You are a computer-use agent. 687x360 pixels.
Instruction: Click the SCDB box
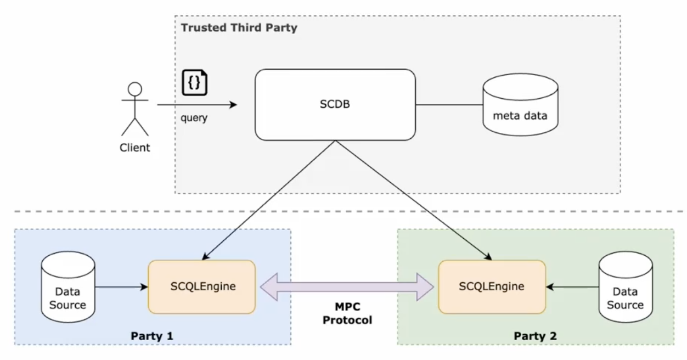click(335, 104)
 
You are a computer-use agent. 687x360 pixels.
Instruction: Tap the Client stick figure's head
click(135, 89)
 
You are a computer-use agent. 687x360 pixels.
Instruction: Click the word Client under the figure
click(135, 148)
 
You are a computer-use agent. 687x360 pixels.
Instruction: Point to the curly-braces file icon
click(194, 83)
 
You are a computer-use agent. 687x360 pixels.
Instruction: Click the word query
click(194, 117)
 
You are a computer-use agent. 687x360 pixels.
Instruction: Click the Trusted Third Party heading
click(239, 27)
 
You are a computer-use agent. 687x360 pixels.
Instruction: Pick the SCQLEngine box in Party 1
click(202, 286)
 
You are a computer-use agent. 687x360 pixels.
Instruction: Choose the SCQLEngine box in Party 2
click(492, 286)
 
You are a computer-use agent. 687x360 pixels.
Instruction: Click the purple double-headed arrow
click(347, 287)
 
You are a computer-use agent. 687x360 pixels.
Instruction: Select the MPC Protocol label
click(347, 313)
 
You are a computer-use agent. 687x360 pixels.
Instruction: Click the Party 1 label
click(152, 336)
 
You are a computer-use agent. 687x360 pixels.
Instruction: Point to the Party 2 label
click(535, 336)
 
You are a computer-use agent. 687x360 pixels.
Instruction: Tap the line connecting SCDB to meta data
click(449, 104)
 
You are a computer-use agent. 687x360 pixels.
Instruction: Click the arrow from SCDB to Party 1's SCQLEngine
click(269, 199)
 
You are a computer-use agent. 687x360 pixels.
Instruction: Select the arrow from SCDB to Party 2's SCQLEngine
click(412, 199)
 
